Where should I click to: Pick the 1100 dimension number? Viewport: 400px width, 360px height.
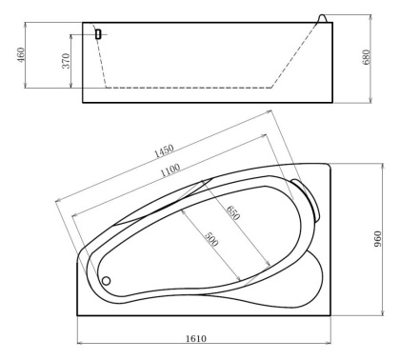pyautogui.click(x=170, y=170)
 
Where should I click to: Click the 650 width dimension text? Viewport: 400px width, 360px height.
pyautogui.click(x=232, y=212)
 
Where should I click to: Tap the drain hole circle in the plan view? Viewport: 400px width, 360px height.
pyautogui.click(x=107, y=281)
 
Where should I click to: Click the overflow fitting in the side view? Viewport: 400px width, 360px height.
pyautogui.click(x=97, y=33)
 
